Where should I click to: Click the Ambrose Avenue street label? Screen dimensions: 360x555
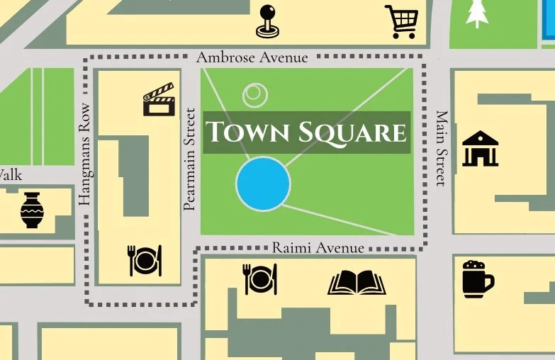(252, 57)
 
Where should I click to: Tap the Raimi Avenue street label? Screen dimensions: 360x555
(318, 248)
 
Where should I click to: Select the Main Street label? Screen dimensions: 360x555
(442, 148)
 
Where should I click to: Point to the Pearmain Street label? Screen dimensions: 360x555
(189, 159)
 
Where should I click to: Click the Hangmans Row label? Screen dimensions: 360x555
(86, 155)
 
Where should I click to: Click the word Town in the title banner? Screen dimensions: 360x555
(245, 133)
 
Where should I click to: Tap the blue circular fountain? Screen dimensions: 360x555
(263, 184)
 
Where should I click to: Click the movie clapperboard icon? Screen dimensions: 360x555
(158, 99)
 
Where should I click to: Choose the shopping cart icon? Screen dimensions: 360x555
(401, 21)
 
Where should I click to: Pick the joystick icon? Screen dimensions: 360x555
(268, 21)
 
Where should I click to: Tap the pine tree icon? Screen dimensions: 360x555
(477, 13)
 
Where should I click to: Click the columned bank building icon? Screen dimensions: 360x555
(480, 148)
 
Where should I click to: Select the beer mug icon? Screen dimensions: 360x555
(477, 278)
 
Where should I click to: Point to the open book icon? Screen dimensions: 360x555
(357, 281)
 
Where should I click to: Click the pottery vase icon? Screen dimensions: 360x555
(33, 210)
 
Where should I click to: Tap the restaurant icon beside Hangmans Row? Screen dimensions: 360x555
(145, 260)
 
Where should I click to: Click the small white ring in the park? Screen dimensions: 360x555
(254, 94)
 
